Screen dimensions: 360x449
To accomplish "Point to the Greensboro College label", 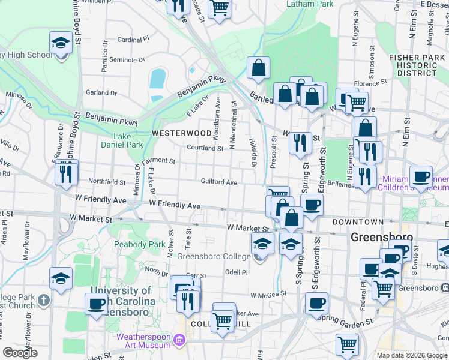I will [213, 257].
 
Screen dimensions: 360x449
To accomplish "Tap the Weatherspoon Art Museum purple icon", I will [179, 341].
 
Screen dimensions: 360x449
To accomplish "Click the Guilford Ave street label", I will [219, 182].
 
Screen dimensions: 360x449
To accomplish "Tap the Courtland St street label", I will [205, 148].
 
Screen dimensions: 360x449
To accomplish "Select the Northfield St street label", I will [107, 182].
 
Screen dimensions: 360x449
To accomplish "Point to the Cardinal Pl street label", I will [133, 40].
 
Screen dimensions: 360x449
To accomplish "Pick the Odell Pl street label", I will [236, 272].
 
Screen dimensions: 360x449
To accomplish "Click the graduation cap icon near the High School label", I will [60, 43].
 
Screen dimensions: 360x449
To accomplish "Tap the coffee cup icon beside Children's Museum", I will [421, 176].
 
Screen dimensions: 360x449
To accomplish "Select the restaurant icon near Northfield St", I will [66, 173].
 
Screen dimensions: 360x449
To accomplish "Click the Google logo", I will [20, 353].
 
